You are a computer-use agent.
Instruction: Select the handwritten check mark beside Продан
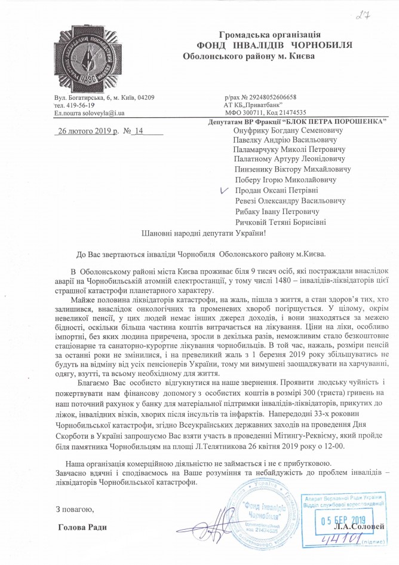(x=224, y=190)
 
